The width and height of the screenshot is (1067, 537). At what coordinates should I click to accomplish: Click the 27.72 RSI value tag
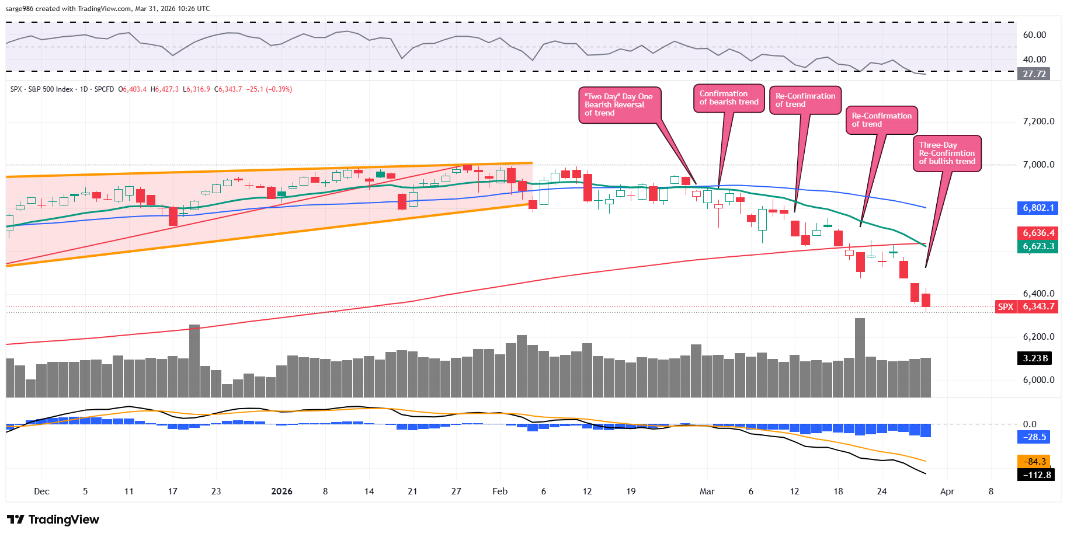pos(1034,74)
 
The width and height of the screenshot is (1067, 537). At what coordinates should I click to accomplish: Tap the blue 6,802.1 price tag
pos(1038,208)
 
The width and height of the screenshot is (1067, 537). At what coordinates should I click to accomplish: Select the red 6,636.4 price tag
pos(1038,233)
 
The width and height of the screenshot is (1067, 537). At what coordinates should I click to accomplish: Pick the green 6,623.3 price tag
pos(1038,246)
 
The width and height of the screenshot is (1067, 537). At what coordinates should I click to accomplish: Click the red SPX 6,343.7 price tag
pos(1027,306)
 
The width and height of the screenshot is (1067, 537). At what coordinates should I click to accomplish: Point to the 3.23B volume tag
pos(1034,358)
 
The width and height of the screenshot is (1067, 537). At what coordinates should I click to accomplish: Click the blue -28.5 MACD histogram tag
pos(1034,437)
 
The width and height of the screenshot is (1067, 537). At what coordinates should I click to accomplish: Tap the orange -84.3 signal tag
pos(1033,462)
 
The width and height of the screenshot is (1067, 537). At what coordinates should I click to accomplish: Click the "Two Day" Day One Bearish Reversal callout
pos(619,105)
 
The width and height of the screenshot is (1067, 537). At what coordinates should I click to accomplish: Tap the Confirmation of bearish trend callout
pos(728,98)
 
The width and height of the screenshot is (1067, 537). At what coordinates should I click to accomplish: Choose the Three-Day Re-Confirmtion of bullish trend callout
pos(947,154)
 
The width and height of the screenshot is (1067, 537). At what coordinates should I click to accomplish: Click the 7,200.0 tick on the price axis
pos(1038,121)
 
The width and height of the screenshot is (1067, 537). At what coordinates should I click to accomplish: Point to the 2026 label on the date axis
pos(281,491)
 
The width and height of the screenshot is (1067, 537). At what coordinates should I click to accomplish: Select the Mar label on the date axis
pos(707,491)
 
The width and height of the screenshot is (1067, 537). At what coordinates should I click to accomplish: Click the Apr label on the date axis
pos(947,491)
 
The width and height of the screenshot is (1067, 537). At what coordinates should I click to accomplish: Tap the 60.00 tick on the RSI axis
pos(1034,35)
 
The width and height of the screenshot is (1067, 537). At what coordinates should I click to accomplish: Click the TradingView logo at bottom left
pos(53,519)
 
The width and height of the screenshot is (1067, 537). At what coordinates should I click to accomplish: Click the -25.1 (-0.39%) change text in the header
pos(269,89)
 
